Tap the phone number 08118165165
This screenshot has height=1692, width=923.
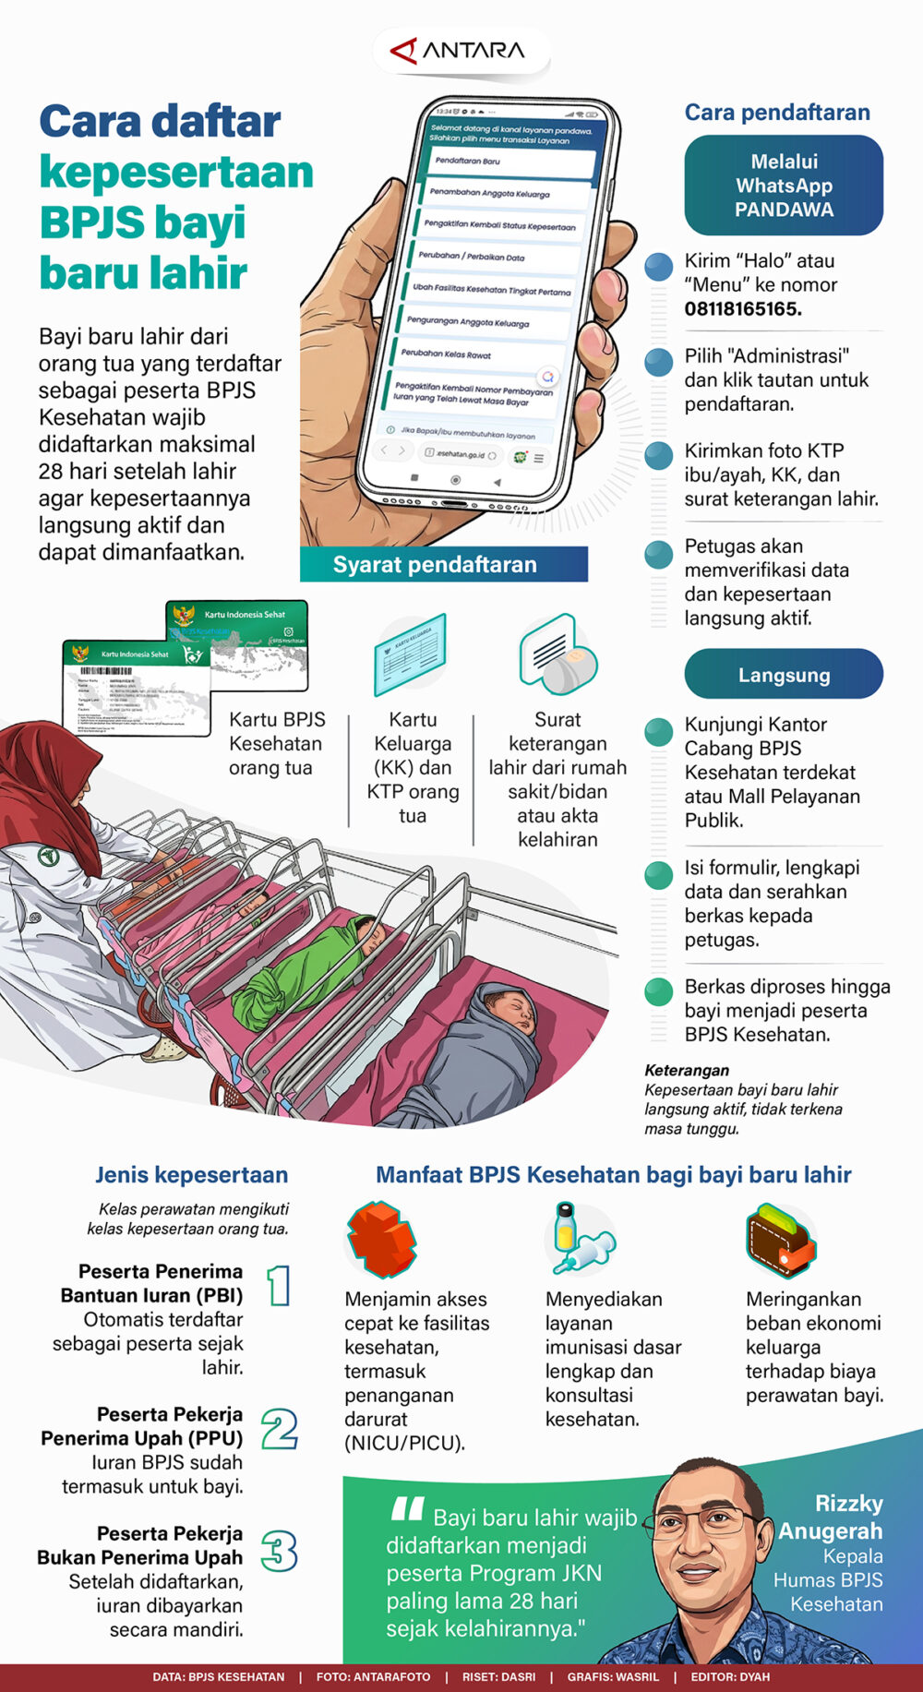point(742,309)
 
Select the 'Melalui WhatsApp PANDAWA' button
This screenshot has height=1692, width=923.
point(784,186)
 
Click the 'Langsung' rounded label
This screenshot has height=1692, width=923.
point(784,675)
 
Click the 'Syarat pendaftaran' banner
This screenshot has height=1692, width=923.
point(443,565)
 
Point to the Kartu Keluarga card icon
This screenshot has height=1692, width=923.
point(411,654)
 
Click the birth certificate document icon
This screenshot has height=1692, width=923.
point(557,654)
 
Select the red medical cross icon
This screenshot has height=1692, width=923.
point(380,1240)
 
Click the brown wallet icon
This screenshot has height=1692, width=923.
point(781,1239)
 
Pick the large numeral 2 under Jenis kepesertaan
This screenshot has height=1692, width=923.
point(279,1429)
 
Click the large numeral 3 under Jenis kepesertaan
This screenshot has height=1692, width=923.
point(279,1551)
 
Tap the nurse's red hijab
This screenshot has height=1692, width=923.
point(55,785)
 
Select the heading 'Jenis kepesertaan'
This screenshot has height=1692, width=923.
point(191,1175)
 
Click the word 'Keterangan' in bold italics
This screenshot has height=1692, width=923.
point(687,1070)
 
